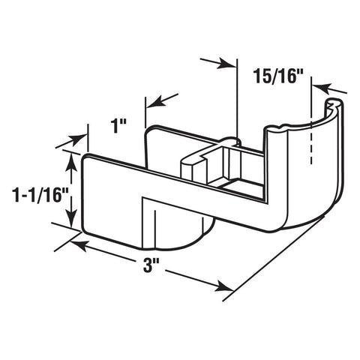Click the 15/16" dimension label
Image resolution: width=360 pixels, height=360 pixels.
[278, 76]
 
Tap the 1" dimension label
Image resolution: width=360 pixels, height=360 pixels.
[119, 126]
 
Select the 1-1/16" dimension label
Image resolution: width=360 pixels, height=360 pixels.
[40, 195]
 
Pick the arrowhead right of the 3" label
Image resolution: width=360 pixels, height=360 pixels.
[224, 287]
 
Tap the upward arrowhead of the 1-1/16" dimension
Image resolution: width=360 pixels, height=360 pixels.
[71, 161]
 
